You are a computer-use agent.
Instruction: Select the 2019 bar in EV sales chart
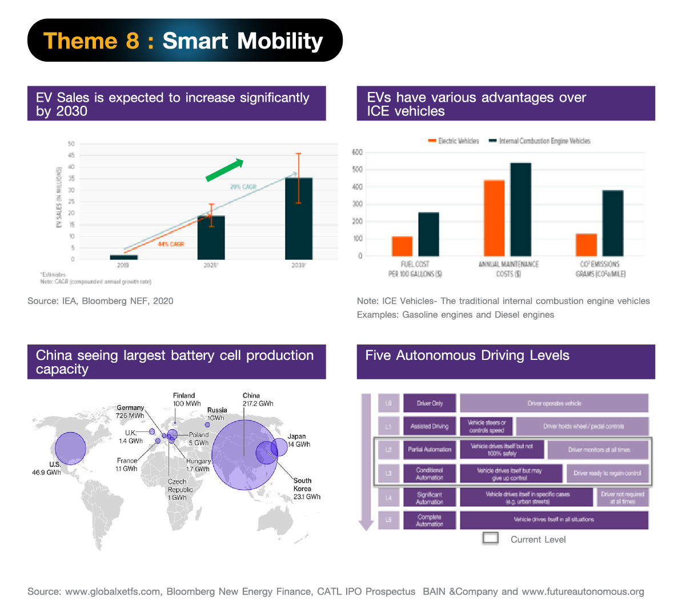click(123, 257)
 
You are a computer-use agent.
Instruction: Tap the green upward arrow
click(224, 170)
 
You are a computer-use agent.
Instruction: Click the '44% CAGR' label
click(171, 244)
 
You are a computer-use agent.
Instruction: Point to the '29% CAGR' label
click(243, 187)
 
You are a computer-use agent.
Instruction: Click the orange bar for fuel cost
click(402, 246)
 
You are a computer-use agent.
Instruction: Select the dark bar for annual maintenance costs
click(520, 209)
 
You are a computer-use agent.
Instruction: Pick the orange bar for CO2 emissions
click(586, 245)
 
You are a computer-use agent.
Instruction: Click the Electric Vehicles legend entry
click(454, 141)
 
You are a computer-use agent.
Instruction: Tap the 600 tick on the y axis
click(357, 152)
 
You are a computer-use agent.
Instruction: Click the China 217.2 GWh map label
click(258, 399)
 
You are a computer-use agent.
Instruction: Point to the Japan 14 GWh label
click(298, 440)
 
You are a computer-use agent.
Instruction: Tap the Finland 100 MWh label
click(187, 399)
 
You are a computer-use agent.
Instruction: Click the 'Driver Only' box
click(430, 403)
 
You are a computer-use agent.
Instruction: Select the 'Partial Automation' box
click(430, 450)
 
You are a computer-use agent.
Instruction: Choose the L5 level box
click(388, 520)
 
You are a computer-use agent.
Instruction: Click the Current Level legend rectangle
click(491, 538)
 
